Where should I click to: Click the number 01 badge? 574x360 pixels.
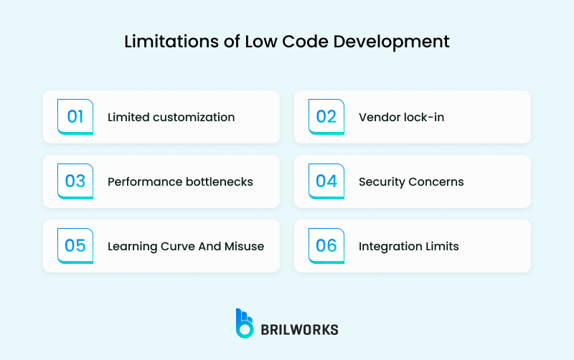(75, 117)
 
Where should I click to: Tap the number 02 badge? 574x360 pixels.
(326, 117)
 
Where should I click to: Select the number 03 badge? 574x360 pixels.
(75, 181)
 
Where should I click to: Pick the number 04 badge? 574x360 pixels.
(326, 181)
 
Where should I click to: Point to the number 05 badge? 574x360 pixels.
(75, 246)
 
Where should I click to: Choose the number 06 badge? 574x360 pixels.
(326, 246)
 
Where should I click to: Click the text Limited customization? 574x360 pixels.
(171, 117)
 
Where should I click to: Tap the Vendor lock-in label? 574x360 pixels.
(401, 117)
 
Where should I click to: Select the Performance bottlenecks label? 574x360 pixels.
(180, 181)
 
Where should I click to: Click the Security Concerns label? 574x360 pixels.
(411, 181)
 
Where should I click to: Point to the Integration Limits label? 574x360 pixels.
(408, 246)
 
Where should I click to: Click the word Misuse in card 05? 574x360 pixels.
(244, 246)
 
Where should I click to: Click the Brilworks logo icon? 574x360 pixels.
(245, 323)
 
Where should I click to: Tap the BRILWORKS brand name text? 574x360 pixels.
(299, 329)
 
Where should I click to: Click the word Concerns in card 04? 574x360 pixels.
(436, 181)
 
